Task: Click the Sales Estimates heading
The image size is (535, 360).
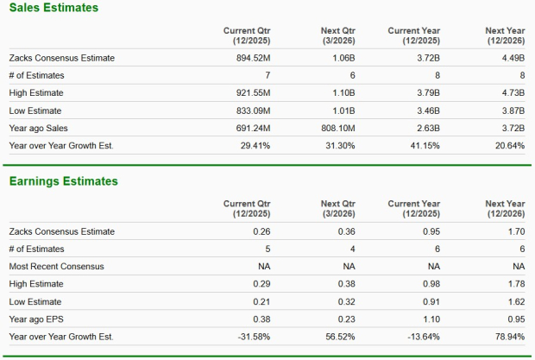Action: point(53,8)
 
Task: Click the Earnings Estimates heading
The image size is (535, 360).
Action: point(63,181)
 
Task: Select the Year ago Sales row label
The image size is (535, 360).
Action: point(41,128)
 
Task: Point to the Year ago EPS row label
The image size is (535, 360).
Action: point(39,319)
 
